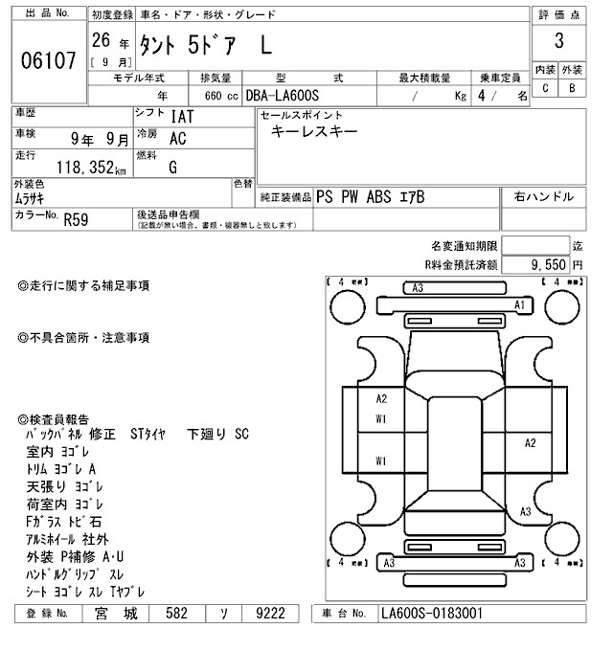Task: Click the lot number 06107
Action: coord(47,59)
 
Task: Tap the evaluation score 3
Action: coord(558,43)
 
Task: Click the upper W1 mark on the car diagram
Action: coord(381,418)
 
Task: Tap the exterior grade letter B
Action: coord(572,88)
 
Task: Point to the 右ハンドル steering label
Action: coord(544,196)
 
